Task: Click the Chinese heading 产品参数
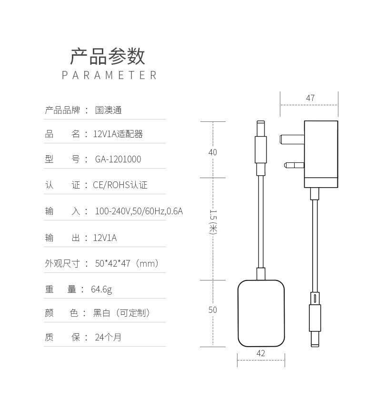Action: [x=108, y=56]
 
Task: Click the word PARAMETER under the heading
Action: [x=109, y=75]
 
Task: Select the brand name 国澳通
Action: [x=109, y=110]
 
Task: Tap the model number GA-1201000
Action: [x=118, y=160]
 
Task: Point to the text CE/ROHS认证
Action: [x=120, y=185]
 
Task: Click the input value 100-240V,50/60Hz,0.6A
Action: [x=139, y=211]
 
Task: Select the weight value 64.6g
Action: [x=101, y=290]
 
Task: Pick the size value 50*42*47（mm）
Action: [x=127, y=263]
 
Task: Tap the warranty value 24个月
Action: [x=108, y=338]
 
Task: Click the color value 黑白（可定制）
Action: [x=122, y=313]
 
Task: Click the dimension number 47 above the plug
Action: [x=310, y=98]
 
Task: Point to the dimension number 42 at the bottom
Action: [x=261, y=353]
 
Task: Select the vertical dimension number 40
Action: [x=212, y=152]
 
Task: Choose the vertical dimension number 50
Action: [x=212, y=310]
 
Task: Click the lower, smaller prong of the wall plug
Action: [x=294, y=166]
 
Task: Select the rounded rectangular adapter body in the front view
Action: [x=261, y=313]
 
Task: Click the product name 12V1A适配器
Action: [x=118, y=134]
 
